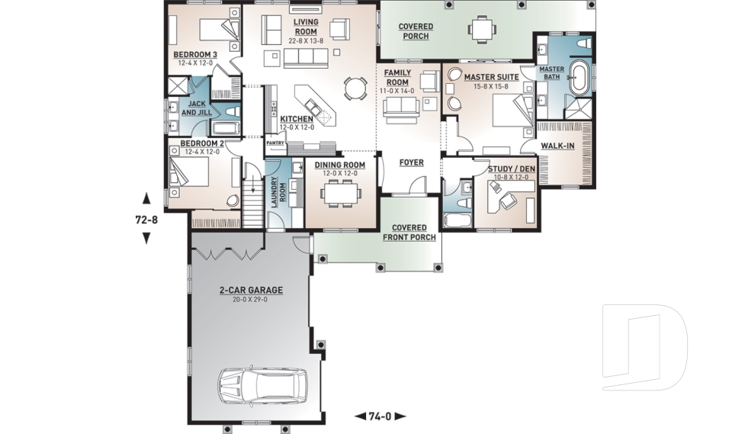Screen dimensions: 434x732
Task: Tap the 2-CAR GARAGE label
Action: [x=240, y=290]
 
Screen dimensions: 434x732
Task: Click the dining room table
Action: [x=340, y=194]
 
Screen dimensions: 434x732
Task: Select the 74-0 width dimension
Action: [x=380, y=416]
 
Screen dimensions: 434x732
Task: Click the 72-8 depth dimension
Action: [x=146, y=219]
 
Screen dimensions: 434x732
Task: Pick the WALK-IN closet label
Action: [x=559, y=145]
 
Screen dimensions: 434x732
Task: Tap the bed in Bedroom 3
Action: [x=217, y=30]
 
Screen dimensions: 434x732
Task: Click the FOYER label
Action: [x=411, y=162]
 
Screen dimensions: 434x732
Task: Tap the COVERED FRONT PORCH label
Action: [x=414, y=233]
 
